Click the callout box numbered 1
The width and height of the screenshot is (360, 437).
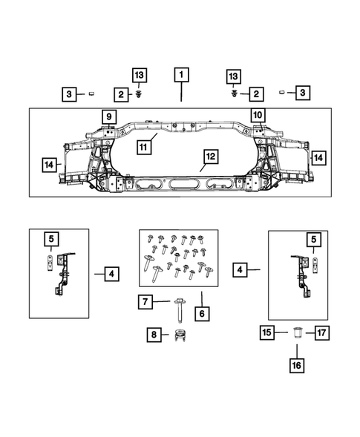[x=181, y=75]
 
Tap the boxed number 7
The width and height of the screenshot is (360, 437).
[x=146, y=301]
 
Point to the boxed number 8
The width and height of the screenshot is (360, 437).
[x=154, y=335]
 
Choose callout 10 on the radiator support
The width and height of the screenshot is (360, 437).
[x=258, y=116]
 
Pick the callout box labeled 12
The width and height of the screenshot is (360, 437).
[x=212, y=157]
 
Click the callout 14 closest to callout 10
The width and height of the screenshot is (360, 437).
[x=318, y=157]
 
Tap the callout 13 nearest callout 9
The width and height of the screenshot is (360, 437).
[x=140, y=75]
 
